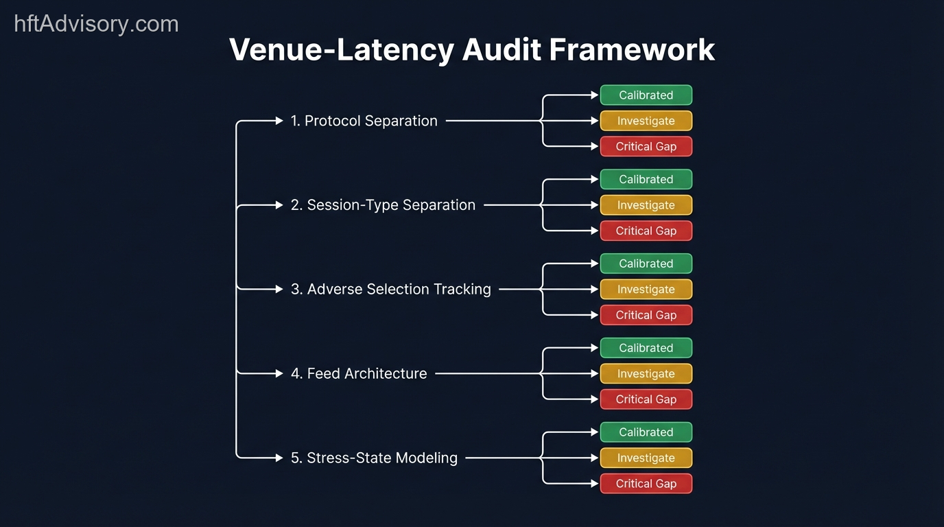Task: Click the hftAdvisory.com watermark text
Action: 96,24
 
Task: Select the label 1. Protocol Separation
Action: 364,121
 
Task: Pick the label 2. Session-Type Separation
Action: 383,205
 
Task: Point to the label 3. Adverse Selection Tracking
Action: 390,290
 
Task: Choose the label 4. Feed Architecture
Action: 359,374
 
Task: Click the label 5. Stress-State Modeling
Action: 374,458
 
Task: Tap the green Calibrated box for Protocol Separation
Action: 646,95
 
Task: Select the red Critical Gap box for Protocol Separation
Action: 646,146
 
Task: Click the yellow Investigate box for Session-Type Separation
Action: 646,205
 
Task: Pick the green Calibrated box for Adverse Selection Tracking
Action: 646,263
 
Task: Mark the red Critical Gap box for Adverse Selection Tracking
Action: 646,315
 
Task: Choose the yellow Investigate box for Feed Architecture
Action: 646,374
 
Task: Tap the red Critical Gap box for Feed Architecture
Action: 646,399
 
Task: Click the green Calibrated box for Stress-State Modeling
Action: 646,432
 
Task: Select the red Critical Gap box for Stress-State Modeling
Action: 646,484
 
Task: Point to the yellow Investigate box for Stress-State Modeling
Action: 646,458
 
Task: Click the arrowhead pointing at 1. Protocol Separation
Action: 279,121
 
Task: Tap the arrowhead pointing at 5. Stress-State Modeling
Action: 279,458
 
